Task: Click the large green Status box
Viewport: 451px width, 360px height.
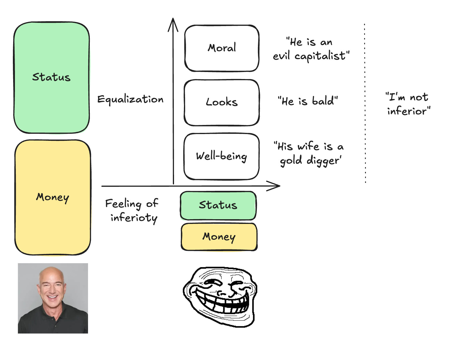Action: (51, 78)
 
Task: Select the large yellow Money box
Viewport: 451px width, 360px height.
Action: (53, 197)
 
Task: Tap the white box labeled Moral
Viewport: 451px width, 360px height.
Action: (222, 48)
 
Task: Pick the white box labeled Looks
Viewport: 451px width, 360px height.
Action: (222, 102)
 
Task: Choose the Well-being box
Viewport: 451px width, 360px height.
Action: (221, 156)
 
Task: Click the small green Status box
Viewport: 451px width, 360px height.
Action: (218, 205)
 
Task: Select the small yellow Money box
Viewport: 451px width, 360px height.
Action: (219, 236)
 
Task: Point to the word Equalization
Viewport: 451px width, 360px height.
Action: (130, 100)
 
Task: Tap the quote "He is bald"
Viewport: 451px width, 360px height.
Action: (308, 101)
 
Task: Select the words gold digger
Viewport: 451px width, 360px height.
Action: (310, 161)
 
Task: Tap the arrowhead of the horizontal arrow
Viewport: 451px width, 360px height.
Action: (275, 186)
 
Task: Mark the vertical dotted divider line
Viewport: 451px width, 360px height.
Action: (365, 102)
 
